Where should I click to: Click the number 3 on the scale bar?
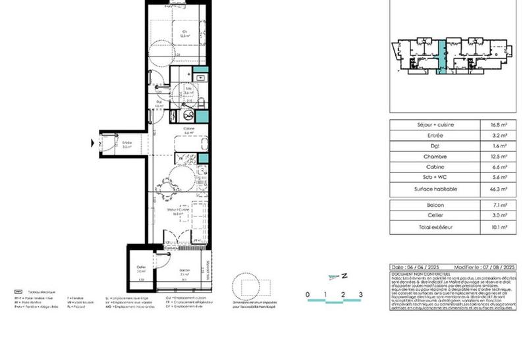tap(360, 294)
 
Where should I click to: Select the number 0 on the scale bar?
tap(307, 294)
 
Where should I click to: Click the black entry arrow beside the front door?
tap(92, 142)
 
